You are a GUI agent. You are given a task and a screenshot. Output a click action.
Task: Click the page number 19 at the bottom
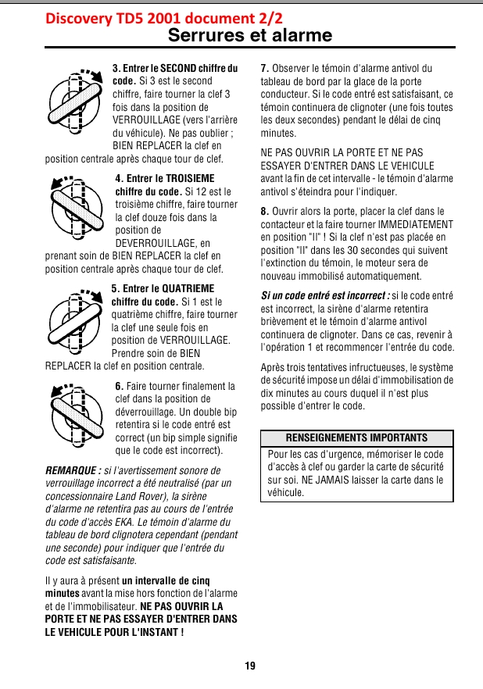point(249,666)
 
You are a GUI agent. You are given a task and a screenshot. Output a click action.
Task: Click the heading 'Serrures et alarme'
point(250,36)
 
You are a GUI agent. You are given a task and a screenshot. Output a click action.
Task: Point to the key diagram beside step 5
point(77,319)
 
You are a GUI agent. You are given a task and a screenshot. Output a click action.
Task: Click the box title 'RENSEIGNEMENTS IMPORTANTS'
point(356,438)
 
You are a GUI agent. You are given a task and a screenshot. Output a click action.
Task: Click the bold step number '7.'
point(265,69)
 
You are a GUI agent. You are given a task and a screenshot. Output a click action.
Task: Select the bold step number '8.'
point(265,211)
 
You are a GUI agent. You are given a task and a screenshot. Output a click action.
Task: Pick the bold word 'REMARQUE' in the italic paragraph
point(72,470)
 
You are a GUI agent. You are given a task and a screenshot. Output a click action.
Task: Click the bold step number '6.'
point(119,386)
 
